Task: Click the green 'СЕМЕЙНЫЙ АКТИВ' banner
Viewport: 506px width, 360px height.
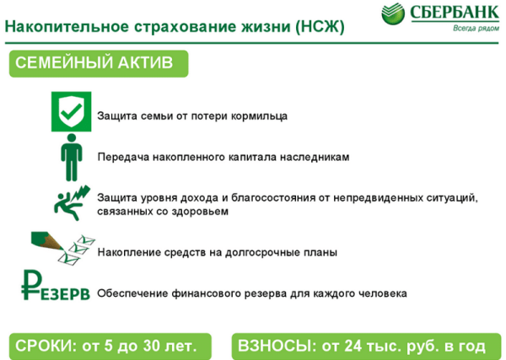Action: pyautogui.click(x=97, y=63)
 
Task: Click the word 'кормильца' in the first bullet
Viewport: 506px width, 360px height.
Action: pyautogui.click(x=261, y=116)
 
